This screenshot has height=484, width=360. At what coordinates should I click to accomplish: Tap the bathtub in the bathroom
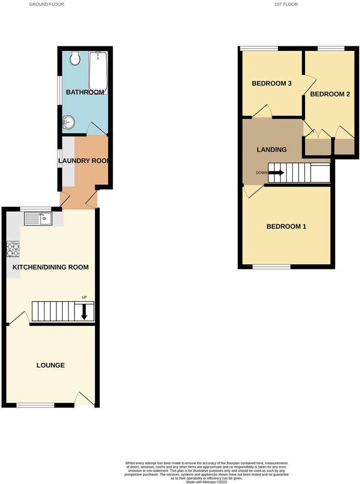pos(98,72)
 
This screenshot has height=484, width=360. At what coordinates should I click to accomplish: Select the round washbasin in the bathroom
pos(68,122)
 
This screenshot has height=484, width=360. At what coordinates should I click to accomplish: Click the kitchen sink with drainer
pos(38,219)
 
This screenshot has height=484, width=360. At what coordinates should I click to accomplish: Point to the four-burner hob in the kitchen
pos(13,249)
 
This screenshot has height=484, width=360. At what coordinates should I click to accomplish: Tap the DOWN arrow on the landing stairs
pos(276,172)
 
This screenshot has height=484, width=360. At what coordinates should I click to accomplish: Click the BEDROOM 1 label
pos(286,226)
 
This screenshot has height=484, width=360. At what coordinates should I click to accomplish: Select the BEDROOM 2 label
pos(330,94)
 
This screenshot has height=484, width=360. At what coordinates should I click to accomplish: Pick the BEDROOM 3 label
pos(272,83)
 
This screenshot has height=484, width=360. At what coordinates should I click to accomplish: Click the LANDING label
pos(272,150)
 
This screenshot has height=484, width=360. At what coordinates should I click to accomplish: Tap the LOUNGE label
pos(50,365)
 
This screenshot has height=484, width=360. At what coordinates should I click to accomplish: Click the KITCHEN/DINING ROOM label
pos(50,267)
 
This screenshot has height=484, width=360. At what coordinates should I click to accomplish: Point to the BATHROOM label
pos(85,92)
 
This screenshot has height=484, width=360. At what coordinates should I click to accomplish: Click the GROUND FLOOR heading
pos(47,4)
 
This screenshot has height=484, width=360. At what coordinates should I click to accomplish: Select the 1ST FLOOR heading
pos(286,4)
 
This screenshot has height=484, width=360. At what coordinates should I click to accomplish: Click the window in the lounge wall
pos(35,405)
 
